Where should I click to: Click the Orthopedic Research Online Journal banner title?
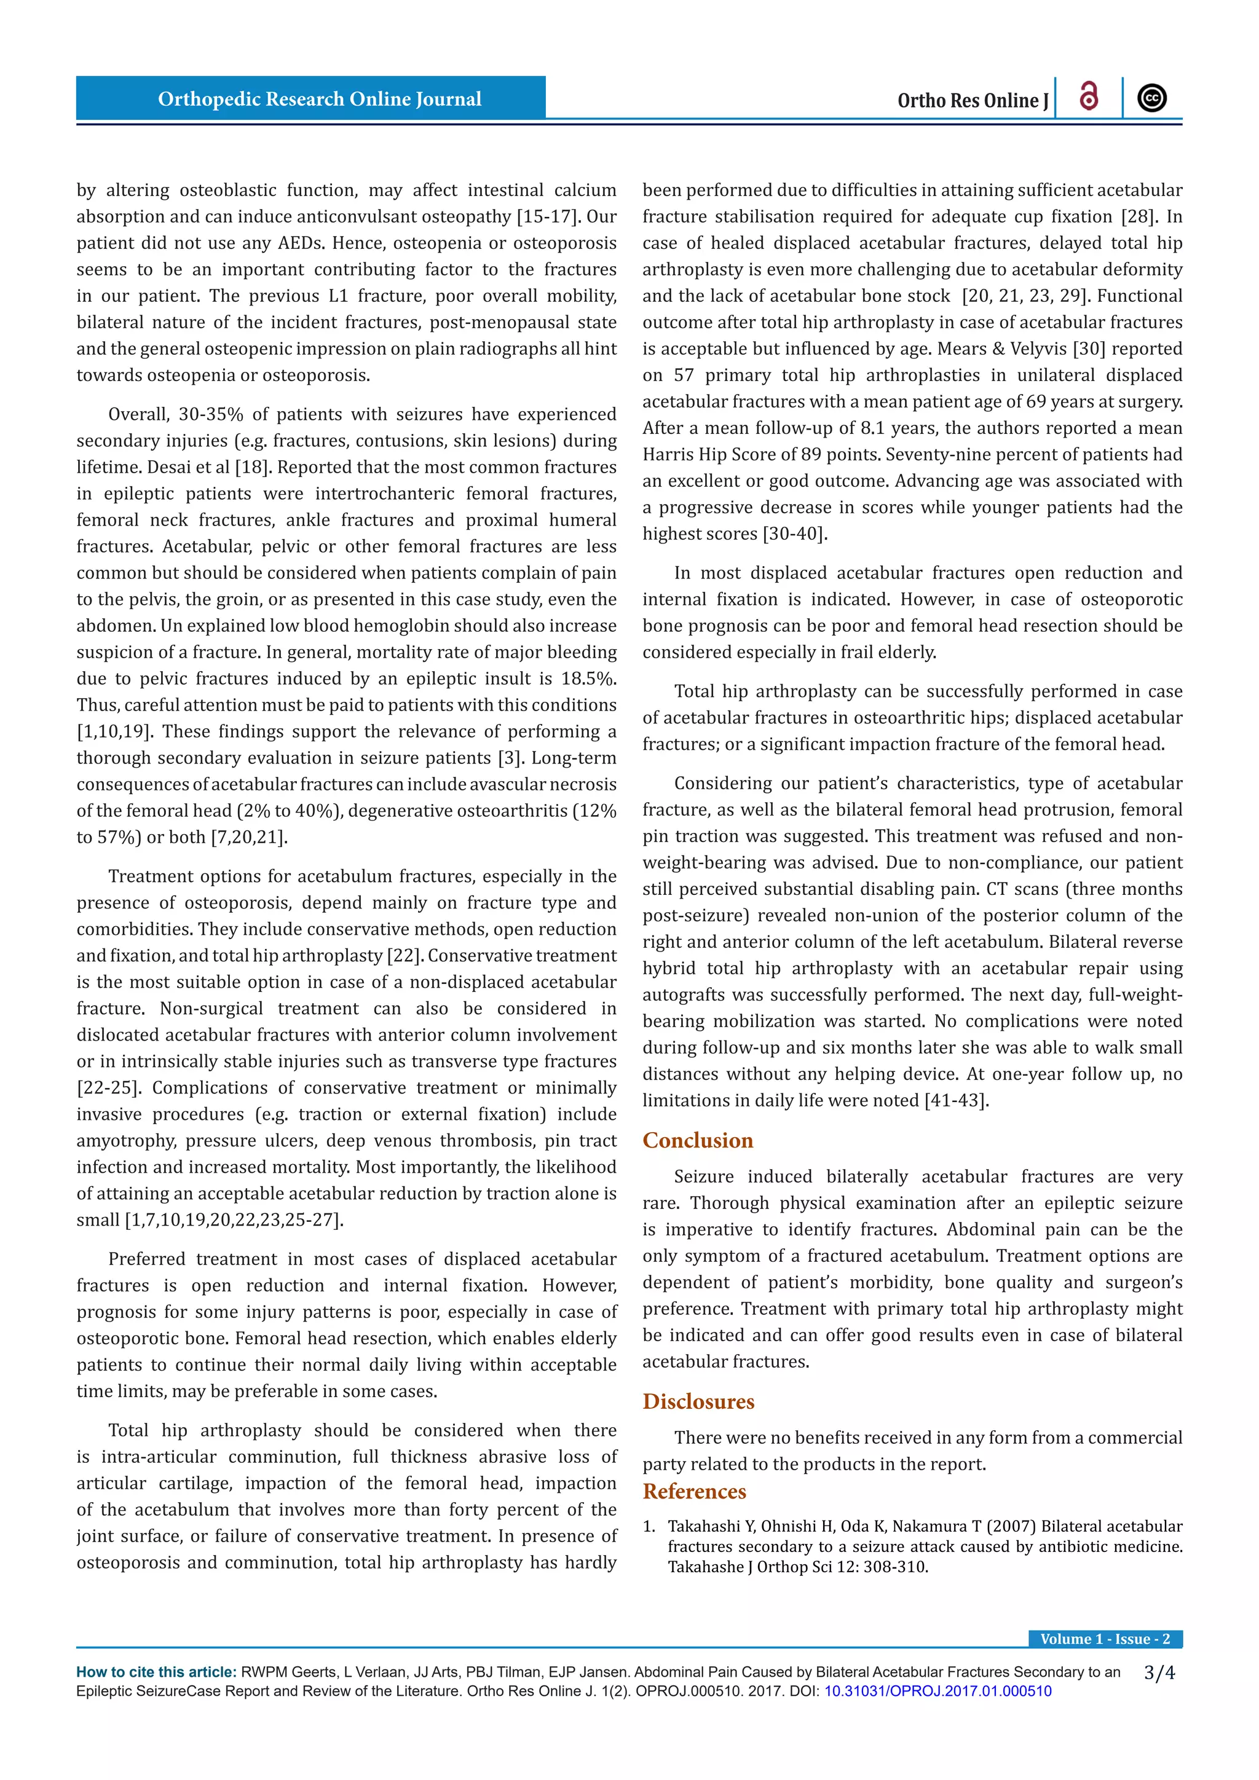click(x=320, y=99)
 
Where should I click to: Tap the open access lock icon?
click(x=1089, y=97)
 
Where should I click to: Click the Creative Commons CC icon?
click(x=1152, y=98)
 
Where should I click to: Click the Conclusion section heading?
click(x=698, y=1140)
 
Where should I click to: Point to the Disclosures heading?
click(x=698, y=1401)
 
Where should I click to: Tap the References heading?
click(x=694, y=1492)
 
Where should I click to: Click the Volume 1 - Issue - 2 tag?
click(x=1105, y=1639)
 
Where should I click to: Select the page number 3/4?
click(x=1159, y=1673)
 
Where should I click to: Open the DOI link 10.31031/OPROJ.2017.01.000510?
click(x=937, y=1691)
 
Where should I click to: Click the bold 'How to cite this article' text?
click(x=156, y=1672)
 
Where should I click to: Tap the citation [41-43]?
click(x=957, y=1101)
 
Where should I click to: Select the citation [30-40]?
click(x=795, y=534)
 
